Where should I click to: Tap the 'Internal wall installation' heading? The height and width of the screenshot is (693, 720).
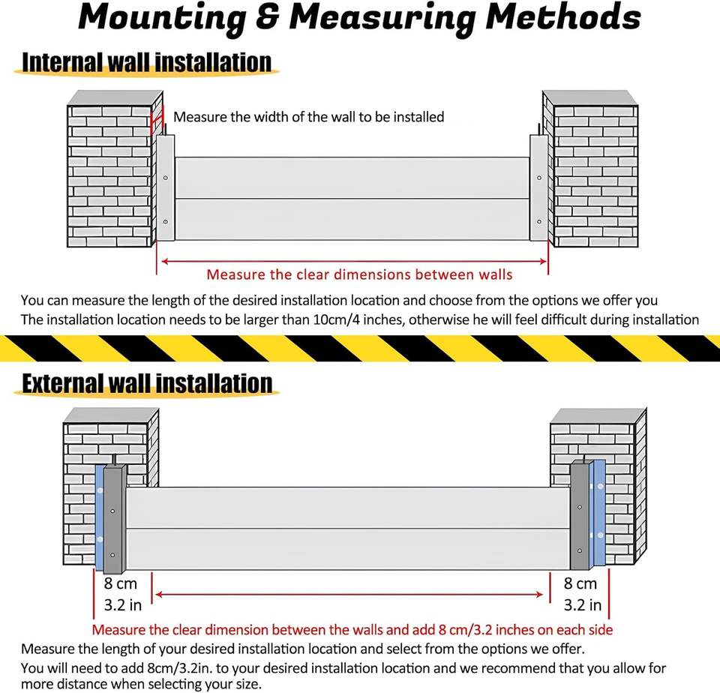click(x=146, y=61)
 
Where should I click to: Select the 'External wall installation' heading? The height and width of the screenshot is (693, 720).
click(x=147, y=382)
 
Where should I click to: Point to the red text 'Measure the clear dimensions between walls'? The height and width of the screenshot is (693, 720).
click(x=359, y=274)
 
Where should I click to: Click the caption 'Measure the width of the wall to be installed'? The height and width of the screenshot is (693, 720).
click(x=309, y=117)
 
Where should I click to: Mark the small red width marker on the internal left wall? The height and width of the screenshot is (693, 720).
click(x=157, y=120)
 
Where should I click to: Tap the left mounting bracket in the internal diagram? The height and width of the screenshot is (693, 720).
click(x=166, y=187)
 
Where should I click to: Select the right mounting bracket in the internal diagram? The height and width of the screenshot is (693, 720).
click(x=538, y=187)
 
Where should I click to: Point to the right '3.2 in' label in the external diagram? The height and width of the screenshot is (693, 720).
click(x=582, y=604)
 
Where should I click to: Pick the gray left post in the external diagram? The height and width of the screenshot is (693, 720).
click(x=113, y=517)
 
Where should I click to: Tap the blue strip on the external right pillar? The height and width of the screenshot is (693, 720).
click(x=598, y=514)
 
